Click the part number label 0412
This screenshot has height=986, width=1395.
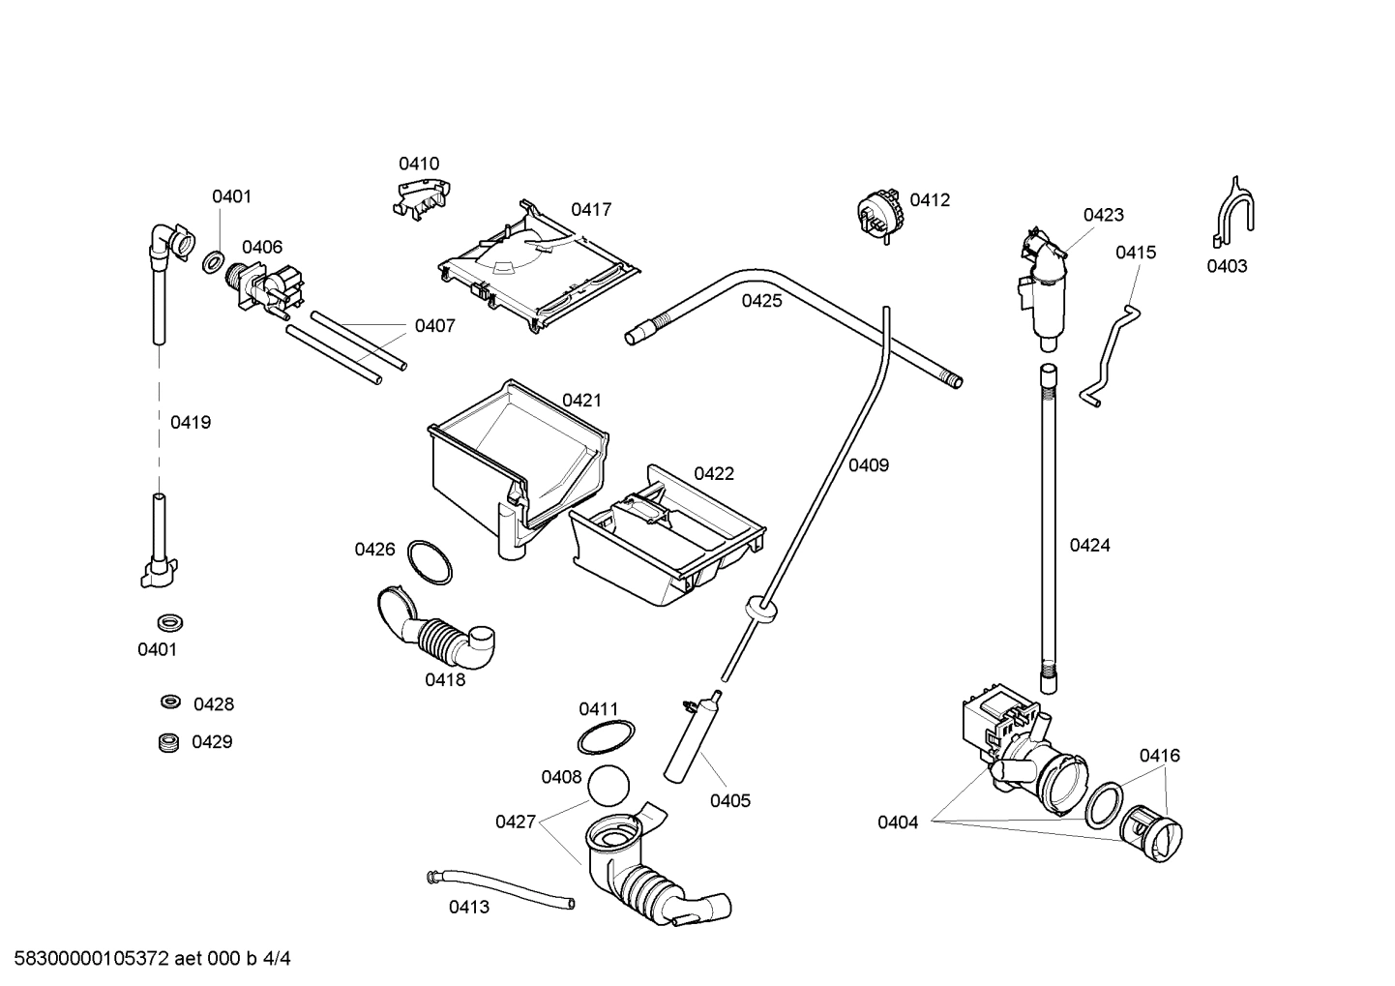(x=930, y=200)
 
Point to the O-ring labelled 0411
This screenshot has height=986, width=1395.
(x=606, y=737)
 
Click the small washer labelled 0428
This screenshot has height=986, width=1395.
(x=170, y=702)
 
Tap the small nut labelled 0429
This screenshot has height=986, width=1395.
(x=170, y=742)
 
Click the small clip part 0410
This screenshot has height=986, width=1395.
(x=420, y=195)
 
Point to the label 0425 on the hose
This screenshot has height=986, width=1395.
(x=761, y=301)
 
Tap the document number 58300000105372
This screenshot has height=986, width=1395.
(x=87, y=959)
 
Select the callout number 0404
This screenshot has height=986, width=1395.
(x=897, y=822)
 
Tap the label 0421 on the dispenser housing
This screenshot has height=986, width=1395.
(x=581, y=401)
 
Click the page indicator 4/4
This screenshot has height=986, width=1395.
(x=277, y=959)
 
